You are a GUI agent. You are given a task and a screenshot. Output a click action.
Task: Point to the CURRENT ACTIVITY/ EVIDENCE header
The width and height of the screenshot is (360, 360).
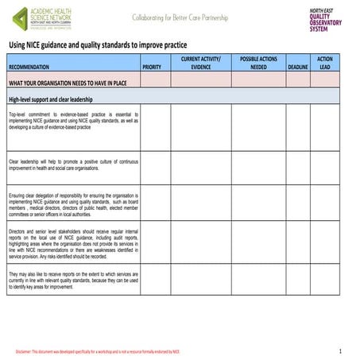[200, 64]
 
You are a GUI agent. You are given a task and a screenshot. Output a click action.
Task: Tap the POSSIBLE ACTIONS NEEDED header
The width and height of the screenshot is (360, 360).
[258, 64]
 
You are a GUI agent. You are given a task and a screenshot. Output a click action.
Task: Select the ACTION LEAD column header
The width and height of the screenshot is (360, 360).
[324, 64]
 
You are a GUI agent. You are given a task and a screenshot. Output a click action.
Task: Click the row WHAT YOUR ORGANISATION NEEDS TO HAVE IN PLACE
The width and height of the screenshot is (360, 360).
[68, 82]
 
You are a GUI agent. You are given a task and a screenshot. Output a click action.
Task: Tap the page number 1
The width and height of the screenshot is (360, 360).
[339, 350]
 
